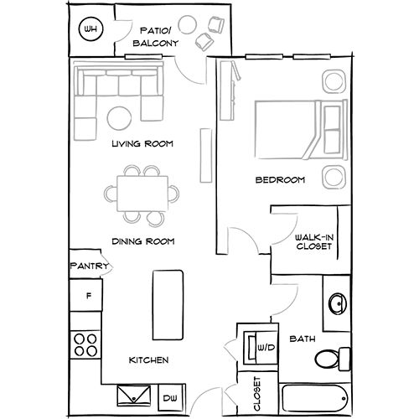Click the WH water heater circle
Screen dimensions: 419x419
[x=91, y=29]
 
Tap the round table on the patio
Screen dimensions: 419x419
[x=188, y=24]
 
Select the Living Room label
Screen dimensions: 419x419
[x=142, y=143]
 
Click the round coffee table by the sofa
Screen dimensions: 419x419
[x=119, y=118]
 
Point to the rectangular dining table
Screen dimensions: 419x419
[x=142, y=194]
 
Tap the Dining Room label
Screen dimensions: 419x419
[x=143, y=241]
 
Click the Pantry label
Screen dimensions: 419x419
[x=89, y=266]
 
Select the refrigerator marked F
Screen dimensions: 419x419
[x=85, y=295]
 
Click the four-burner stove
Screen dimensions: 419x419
[x=85, y=345]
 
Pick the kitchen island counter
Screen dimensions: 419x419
[x=168, y=305]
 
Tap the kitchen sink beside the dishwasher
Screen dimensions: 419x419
[x=134, y=396]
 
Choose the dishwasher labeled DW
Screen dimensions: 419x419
[x=171, y=397]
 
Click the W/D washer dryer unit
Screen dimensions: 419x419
[x=260, y=348]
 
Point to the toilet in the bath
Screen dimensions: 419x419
[x=333, y=359]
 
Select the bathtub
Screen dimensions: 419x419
[x=315, y=398]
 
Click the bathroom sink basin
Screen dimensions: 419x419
[x=338, y=303]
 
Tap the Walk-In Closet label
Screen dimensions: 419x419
[x=314, y=242]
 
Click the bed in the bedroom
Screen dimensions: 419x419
[x=301, y=130]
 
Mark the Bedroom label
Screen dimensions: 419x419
[x=280, y=179]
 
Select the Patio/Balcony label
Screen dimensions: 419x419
[x=155, y=37]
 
